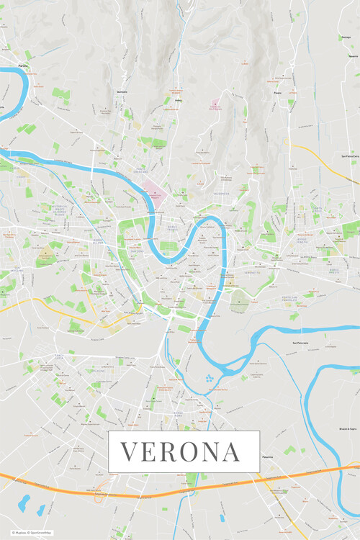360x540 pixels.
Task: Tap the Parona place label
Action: [x=24, y=66]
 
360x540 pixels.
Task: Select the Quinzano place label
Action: [x=121, y=93]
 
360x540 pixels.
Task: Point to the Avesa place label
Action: [x=177, y=102]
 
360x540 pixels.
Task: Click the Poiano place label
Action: [x=277, y=93]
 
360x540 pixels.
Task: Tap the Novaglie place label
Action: [x=352, y=55]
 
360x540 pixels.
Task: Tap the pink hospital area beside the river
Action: [x=153, y=192]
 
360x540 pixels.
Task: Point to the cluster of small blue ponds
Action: [x=210, y=377]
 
